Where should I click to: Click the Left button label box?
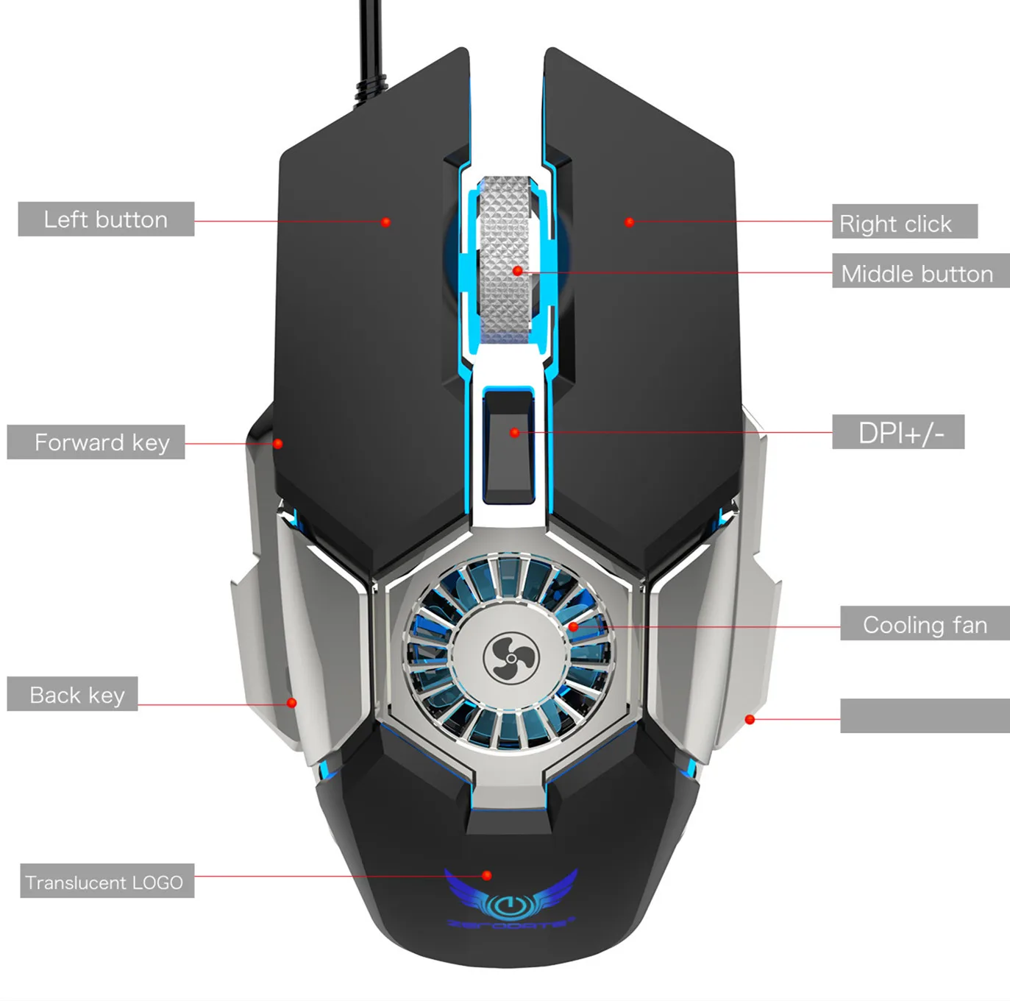tap(106, 219)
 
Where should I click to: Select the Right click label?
tap(904, 222)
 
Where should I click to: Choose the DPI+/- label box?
tap(897, 432)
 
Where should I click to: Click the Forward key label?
tap(96, 442)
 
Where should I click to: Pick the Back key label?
tap(72, 694)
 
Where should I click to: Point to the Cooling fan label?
tap(925, 623)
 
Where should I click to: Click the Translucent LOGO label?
tap(107, 881)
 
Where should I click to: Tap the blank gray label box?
tap(925, 715)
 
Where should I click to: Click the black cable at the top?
tap(372, 44)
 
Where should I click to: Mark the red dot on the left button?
tap(385, 222)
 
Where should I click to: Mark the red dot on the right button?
tap(629, 222)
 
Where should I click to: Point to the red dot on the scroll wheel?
tap(518, 271)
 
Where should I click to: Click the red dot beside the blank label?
tap(750, 719)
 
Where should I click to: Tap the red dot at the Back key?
tap(291, 703)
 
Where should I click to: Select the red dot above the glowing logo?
tap(486, 875)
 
